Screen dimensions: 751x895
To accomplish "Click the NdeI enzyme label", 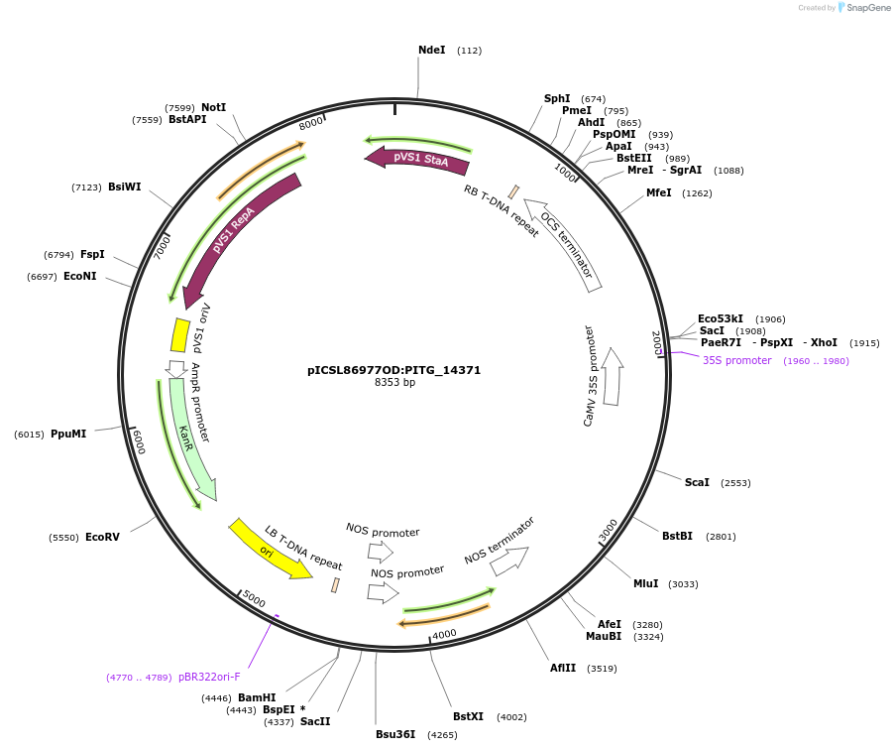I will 431,50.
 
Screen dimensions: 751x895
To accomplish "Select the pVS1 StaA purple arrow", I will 417,158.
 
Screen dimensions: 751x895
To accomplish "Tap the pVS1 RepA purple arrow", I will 238,239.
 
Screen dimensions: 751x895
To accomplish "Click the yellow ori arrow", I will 269,548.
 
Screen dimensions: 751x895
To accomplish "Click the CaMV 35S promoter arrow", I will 612,377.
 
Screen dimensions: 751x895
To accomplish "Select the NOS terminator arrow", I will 509,561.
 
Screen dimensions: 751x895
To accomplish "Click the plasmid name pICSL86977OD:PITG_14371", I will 393,370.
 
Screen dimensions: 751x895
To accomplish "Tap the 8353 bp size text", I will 393,383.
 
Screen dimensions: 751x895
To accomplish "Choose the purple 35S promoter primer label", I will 736,360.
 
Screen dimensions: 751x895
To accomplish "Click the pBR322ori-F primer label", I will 209,677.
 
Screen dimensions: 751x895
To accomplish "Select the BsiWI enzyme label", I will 125,187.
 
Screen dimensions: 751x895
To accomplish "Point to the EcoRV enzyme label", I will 102,537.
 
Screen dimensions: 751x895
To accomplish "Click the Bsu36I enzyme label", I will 395,734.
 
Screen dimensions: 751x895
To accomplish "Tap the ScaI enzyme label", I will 697,482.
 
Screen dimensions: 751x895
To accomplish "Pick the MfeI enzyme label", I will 659,192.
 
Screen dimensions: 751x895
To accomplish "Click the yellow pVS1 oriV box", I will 180,335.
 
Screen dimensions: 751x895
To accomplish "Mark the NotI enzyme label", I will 213,107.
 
